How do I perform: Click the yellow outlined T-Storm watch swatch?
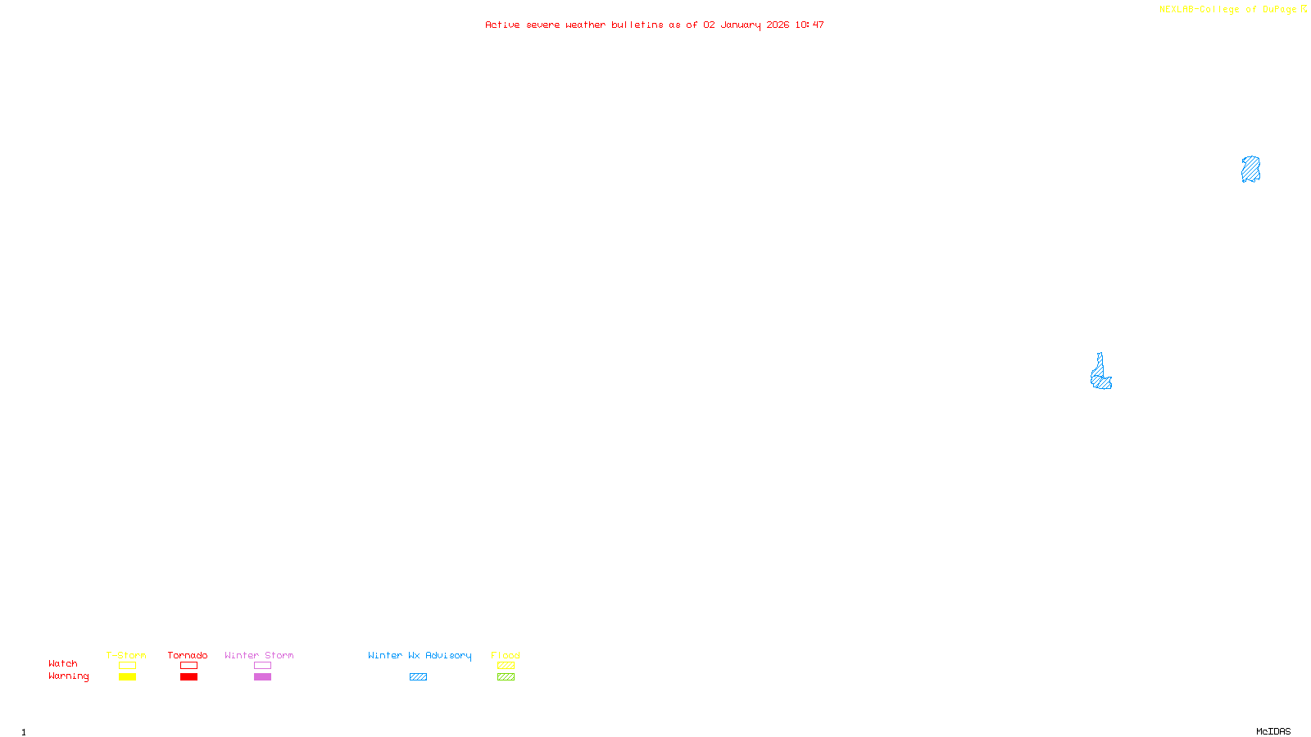tap(127, 666)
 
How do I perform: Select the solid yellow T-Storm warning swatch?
tap(127, 677)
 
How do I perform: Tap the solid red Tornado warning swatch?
tap(188, 677)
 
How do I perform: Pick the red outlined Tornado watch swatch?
tap(188, 666)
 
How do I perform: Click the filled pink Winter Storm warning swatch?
tap(262, 677)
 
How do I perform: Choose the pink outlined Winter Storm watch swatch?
tap(262, 666)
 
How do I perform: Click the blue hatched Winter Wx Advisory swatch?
tap(418, 677)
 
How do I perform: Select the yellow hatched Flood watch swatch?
tap(506, 666)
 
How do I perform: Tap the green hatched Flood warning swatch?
tap(506, 677)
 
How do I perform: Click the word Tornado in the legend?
tap(188, 655)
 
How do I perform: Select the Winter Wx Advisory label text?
tap(420, 655)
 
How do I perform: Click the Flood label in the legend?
tap(506, 655)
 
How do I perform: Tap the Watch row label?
tap(63, 664)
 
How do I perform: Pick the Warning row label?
tap(68, 676)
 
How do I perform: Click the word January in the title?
tap(741, 25)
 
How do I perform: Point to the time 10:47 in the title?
tap(810, 25)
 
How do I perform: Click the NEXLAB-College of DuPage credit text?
tap(1228, 10)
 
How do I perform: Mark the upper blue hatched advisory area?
tap(1250, 170)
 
